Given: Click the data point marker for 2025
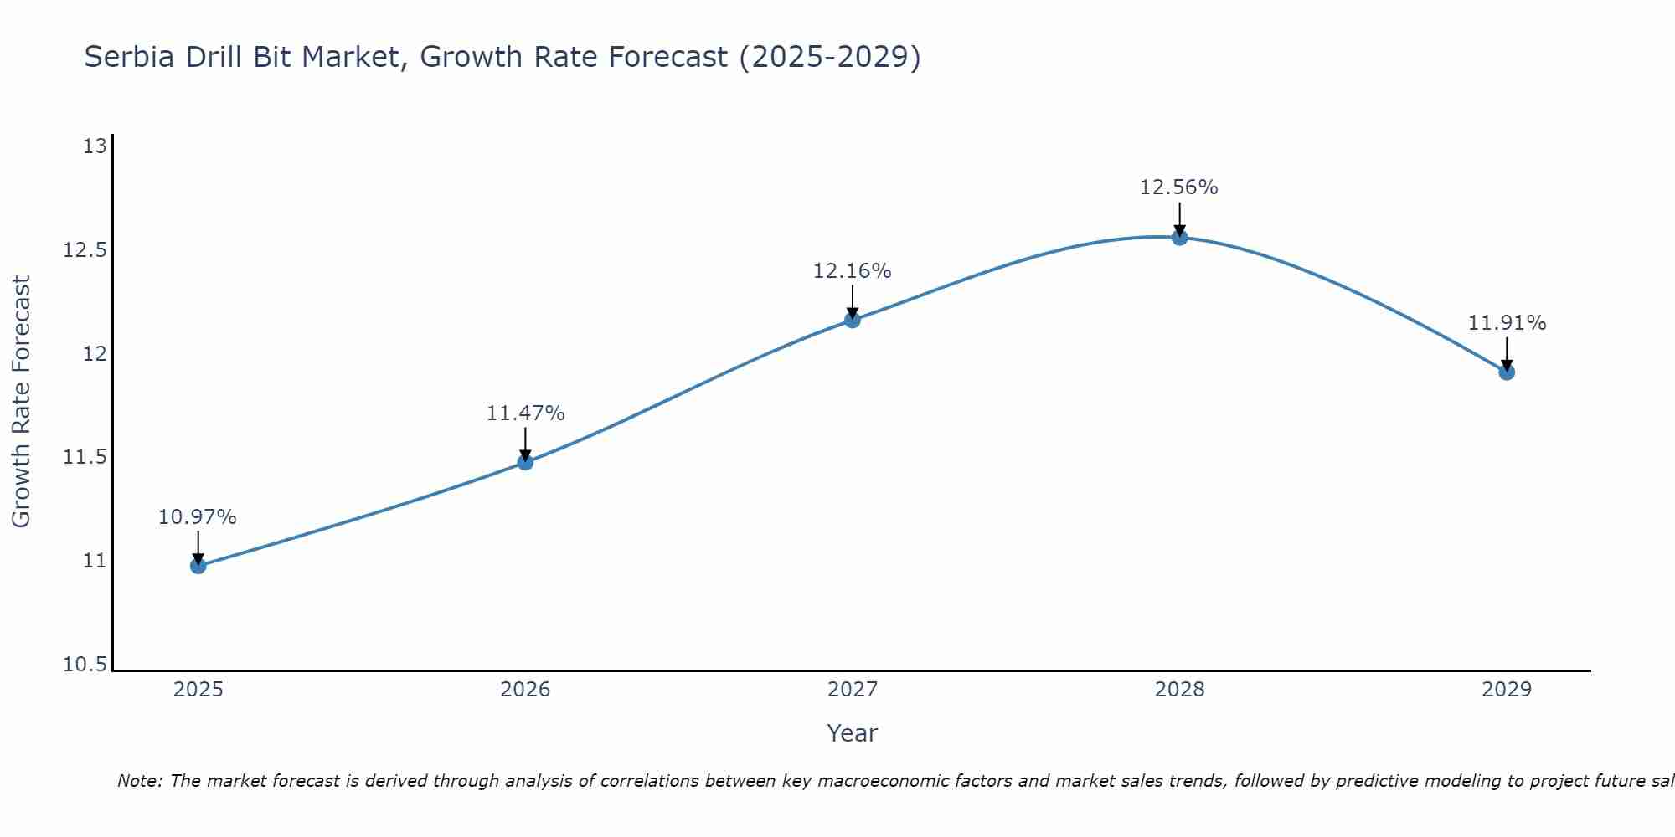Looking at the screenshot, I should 198,566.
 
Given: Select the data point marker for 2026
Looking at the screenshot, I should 525,462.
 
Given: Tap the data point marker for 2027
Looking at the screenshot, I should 853,320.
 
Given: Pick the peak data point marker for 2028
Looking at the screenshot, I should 1179,237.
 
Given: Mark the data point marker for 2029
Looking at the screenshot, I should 1507,372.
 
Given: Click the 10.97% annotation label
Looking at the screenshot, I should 198,517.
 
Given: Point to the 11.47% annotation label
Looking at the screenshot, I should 525,413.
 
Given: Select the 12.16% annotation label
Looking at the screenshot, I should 853,271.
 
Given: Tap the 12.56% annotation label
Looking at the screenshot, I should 1179,187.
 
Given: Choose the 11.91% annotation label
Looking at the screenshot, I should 1507,323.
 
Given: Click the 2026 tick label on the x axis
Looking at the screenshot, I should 525,690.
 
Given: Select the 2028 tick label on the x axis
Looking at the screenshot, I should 1179,690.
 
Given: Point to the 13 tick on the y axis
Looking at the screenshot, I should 95,147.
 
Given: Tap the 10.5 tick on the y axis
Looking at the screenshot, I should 85,665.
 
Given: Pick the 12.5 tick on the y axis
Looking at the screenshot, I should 85,250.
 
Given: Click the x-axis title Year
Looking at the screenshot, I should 852,733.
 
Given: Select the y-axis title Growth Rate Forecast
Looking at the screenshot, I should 21,401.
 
